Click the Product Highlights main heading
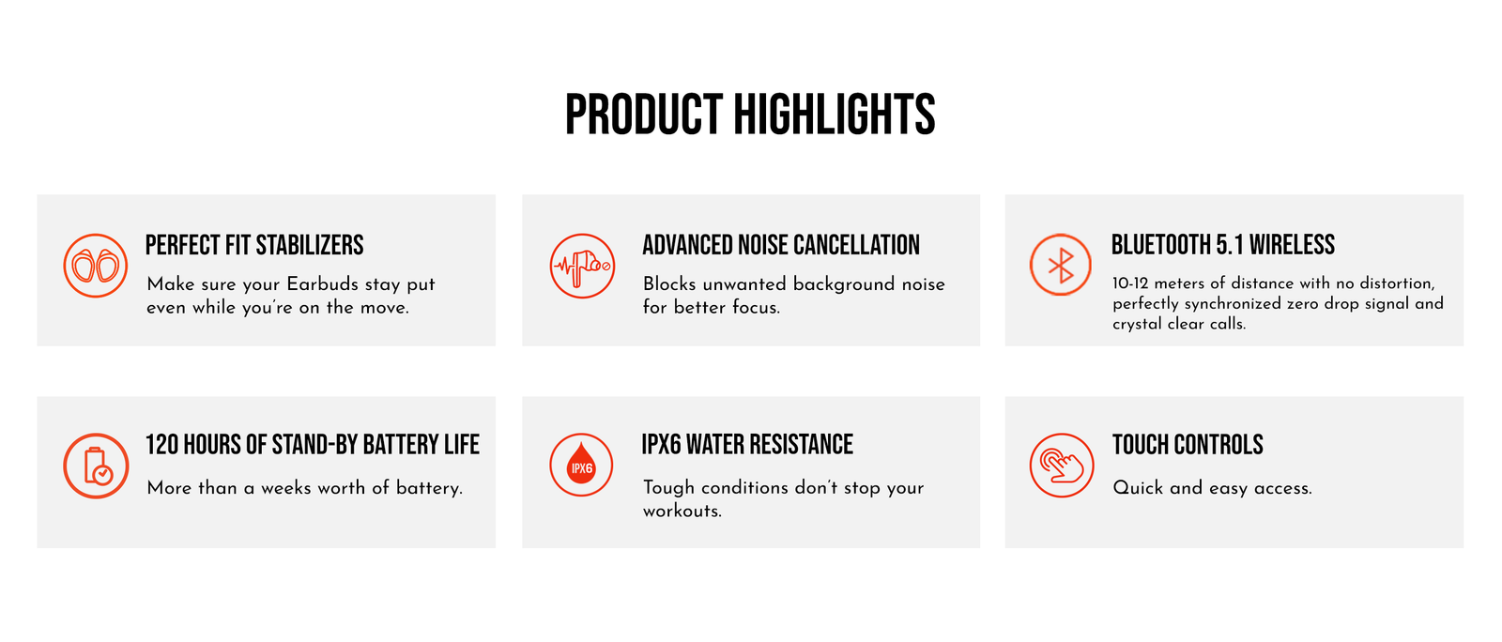tap(750, 115)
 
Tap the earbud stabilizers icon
tap(95, 266)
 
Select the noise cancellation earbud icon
tap(582, 266)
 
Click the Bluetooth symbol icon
tap(1061, 265)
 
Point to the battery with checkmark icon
tap(96, 466)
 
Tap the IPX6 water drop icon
tap(581, 466)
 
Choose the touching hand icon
tap(1062, 466)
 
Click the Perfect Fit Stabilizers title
tap(254, 245)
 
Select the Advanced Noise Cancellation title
tap(781, 245)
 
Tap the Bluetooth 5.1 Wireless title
tap(1223, 245)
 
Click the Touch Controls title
tap(1188, 445)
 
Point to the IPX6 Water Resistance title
tap(747, 445)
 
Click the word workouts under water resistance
tap(682, 511)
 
